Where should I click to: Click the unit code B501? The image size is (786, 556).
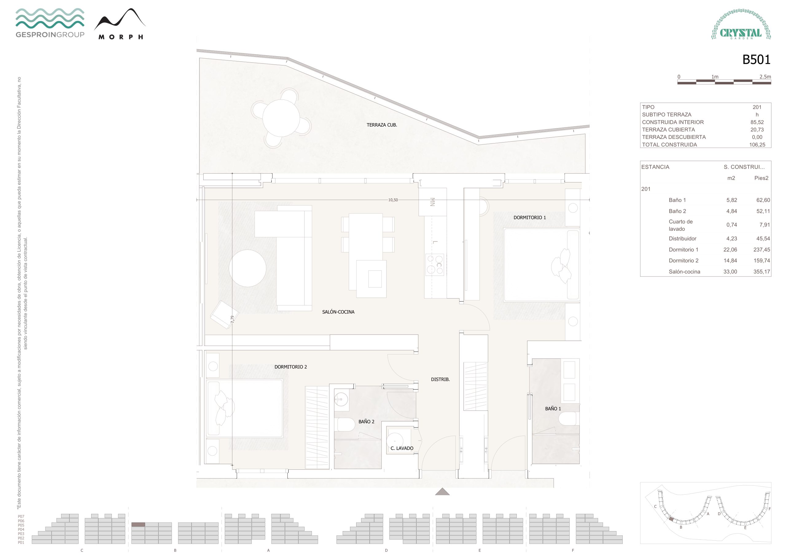756,60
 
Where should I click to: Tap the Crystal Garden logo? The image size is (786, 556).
741,24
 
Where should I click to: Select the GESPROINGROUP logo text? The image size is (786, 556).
50,35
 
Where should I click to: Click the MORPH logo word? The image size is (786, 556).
120,37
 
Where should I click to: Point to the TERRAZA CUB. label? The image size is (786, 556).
382,125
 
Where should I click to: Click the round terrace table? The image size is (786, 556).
281,118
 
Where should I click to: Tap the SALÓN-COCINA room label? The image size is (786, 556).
338,312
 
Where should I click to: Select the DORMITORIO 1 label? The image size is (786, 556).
530,217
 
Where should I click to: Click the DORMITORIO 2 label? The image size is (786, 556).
291,367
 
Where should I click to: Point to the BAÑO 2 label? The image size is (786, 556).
366,422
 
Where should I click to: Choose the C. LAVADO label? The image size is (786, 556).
402,448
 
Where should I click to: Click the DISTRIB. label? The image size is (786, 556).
440,379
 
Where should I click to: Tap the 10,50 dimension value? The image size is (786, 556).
393,200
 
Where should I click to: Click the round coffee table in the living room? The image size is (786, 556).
247,268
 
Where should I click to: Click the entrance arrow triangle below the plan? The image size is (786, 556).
442,492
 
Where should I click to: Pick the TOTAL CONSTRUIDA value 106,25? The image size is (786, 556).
757,145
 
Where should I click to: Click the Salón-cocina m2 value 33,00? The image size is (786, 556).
730,272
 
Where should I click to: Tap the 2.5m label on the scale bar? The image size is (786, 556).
765,77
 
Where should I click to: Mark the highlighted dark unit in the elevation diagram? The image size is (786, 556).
138,524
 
